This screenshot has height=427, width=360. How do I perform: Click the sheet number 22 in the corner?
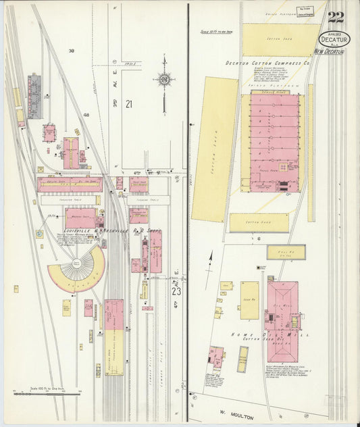[336, 17]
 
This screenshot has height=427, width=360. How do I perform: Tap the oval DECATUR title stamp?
[335, 40]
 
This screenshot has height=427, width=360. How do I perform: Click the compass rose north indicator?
[163, 80]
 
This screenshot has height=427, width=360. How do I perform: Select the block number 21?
[128, 103]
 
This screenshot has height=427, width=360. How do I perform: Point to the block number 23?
[176, 291]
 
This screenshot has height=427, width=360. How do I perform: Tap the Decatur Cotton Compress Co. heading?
[267, 63]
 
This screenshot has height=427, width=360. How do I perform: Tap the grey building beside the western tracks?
[34, 96]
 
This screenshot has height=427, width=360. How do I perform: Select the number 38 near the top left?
[71, 51]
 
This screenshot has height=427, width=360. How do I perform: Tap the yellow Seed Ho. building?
[249, 300]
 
